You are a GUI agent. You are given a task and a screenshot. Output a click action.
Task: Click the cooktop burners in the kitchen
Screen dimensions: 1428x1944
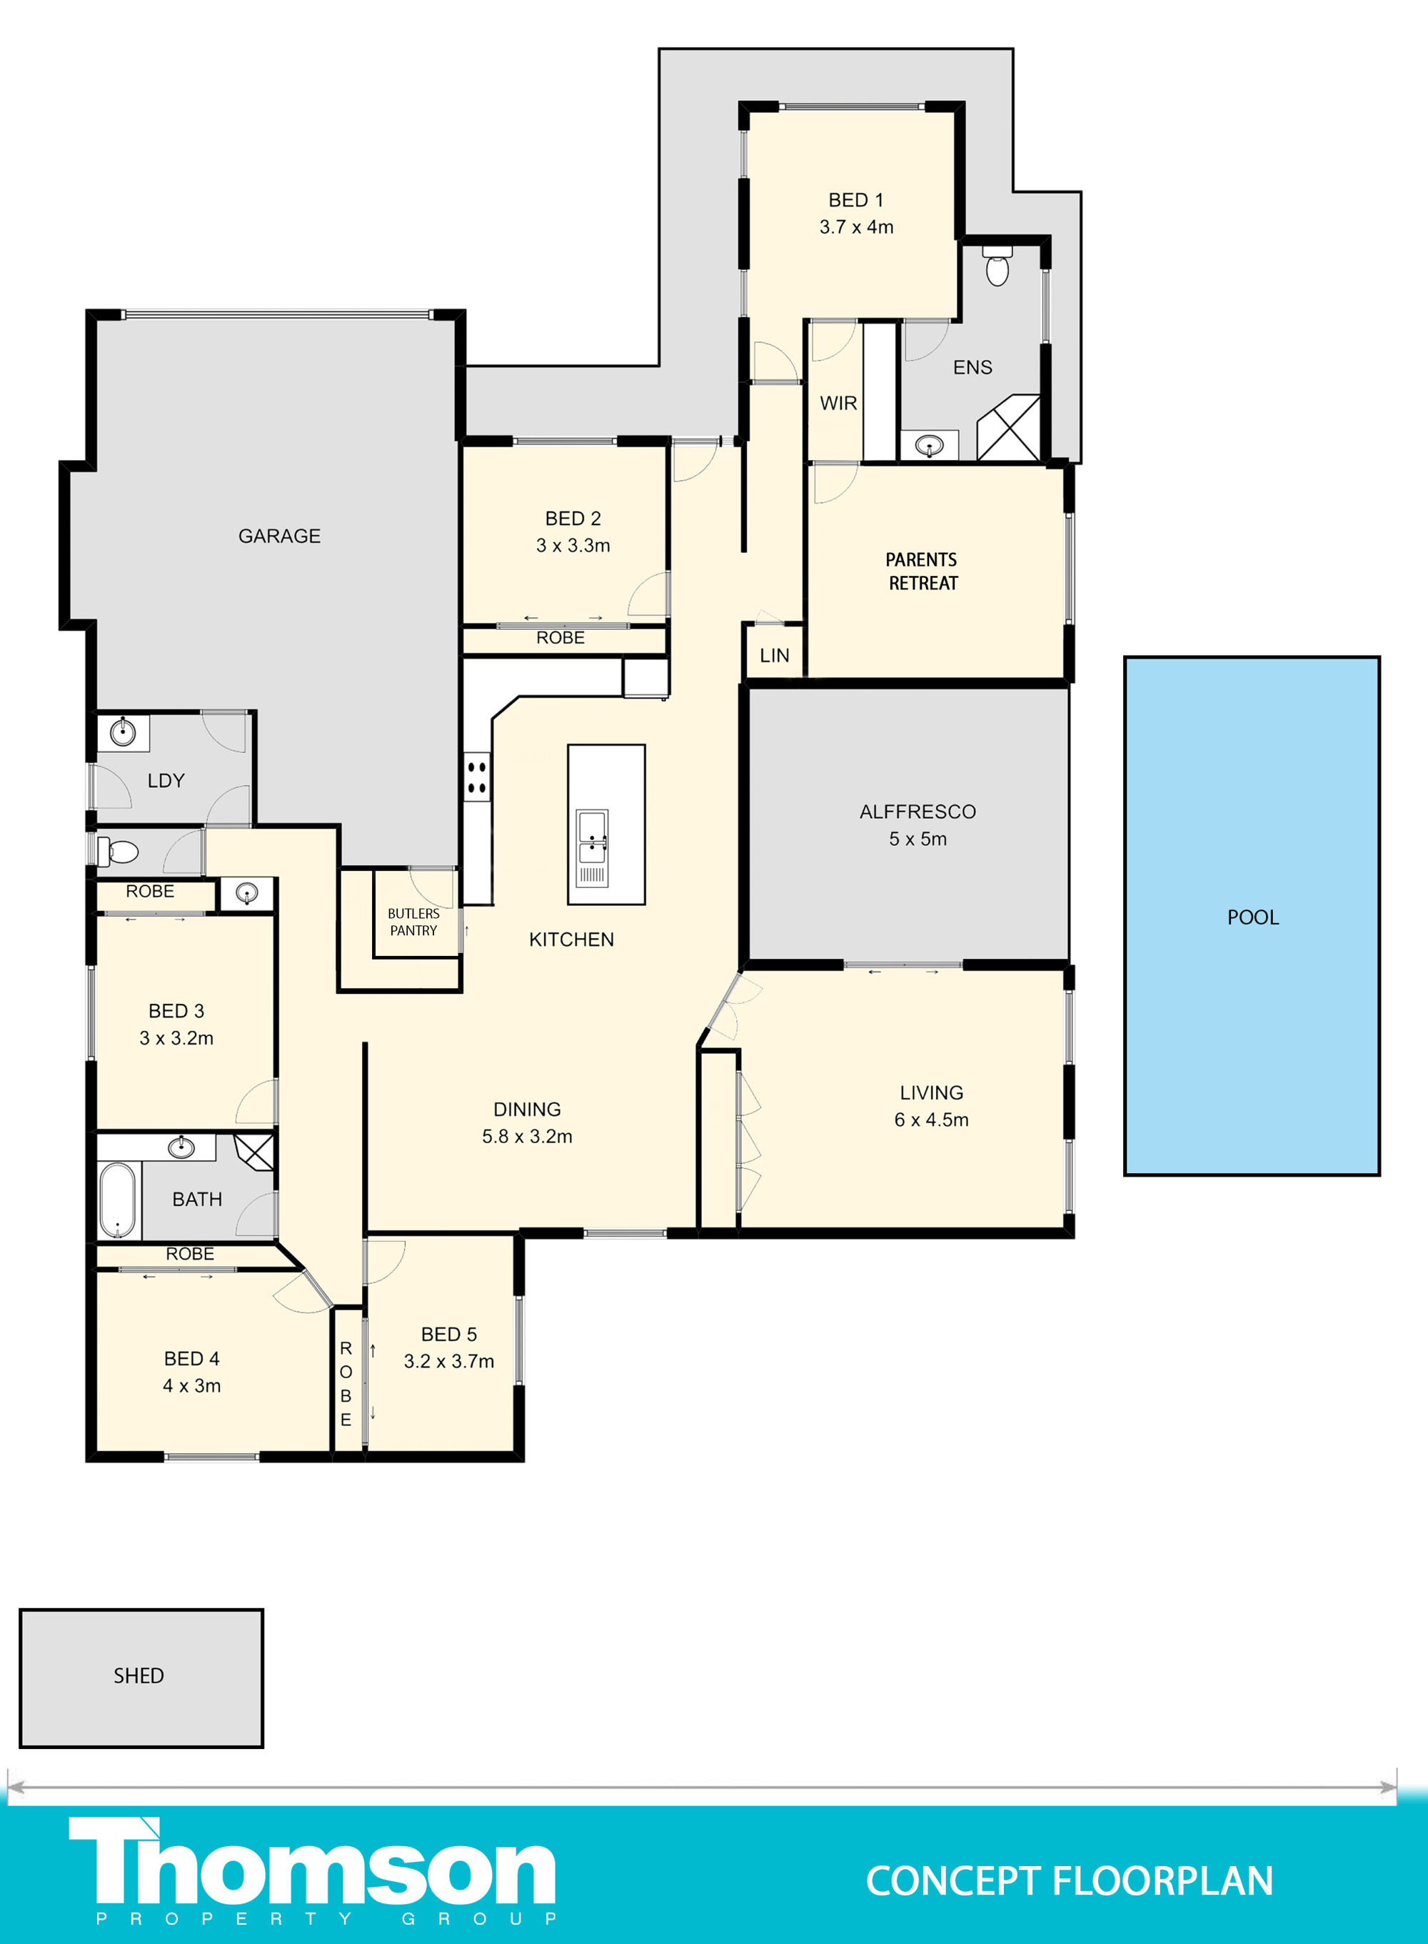tap(476, 777)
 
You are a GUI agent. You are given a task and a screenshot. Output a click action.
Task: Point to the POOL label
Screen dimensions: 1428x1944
tap(1252, 917)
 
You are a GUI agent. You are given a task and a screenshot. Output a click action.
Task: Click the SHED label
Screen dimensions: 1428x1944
tap(139, 1676)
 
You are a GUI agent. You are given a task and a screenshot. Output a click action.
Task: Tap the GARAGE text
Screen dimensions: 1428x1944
tap(279, 536)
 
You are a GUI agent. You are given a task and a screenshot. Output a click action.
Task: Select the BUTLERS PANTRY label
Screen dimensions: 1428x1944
tap(413, 922)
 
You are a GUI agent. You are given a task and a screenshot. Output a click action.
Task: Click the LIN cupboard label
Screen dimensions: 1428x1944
tap(775, 655)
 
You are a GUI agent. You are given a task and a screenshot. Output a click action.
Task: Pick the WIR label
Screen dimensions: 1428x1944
tap(838, 403)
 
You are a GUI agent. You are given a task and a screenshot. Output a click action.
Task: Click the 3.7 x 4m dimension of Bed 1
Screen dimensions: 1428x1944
tap(857, 226)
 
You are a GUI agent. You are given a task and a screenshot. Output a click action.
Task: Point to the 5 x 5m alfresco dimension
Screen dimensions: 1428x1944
tap(918, 839)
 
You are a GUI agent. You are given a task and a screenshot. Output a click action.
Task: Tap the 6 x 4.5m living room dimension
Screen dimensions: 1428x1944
tap(931, 1120)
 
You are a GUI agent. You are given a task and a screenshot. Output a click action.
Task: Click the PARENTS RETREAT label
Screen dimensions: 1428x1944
tap(922, 572)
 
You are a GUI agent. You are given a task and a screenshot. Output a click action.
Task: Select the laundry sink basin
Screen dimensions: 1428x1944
tap(124, 732)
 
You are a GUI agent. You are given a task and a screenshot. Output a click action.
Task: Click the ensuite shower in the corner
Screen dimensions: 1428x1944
tap(1008, 427)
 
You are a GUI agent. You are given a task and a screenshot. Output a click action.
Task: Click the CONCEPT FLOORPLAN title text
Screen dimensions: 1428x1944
tap(1070, 1882)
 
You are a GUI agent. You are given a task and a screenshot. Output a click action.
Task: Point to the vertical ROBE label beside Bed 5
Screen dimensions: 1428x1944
tap(346, 1384)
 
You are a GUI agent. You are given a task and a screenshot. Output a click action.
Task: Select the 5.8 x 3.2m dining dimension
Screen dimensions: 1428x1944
tap(527, 1136)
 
